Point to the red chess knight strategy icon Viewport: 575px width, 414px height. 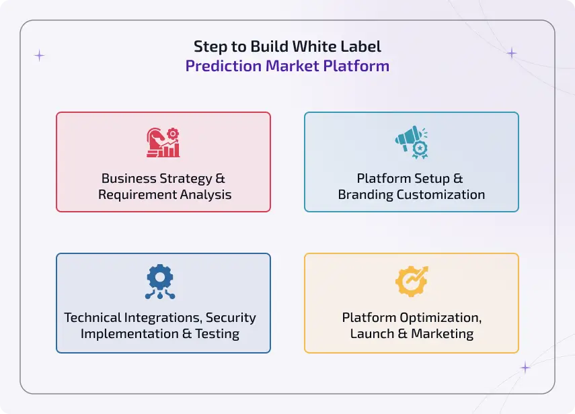coord(163,142)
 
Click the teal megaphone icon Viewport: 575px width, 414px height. coord(411,142)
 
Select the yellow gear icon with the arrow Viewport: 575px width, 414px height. coord(411,282)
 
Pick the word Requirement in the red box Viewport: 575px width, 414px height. coord(135,195)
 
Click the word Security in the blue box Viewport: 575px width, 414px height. coord(231,317)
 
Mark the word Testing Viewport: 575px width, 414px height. coord(218,333)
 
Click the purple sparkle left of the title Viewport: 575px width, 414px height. coord(39,56)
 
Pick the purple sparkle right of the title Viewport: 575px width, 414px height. coord(512,53)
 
